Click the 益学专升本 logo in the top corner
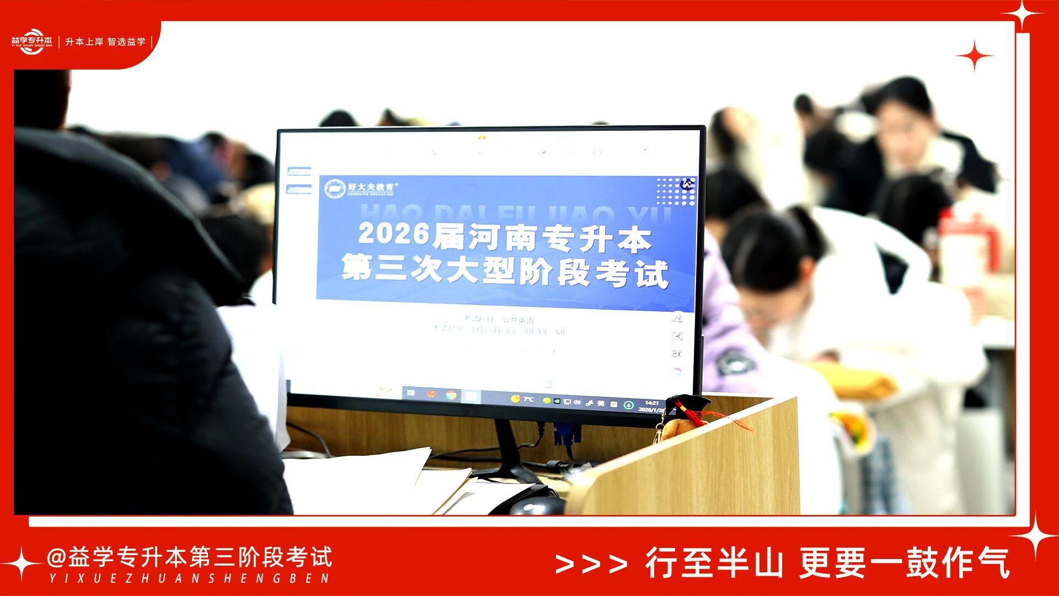click(x=31, y=41)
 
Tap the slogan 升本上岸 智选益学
click(x=105, y=42)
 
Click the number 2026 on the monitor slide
click(x=394, y=234)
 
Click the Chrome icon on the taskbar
click(x=451, y=395)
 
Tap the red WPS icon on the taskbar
click(x=431, y=394)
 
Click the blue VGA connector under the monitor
click(x=567, y=434)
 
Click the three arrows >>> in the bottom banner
click(x=591, y=564)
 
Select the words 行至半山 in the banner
click(x=714, y=563)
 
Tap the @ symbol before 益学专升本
click(x=56, y=557)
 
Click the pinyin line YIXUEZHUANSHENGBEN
click(x=189, y=579)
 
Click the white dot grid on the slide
click(x=675, y=191)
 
